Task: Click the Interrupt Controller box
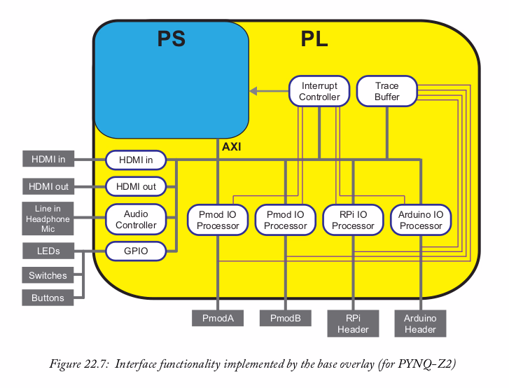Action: coord(319,91)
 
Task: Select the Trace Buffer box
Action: coord(386,91)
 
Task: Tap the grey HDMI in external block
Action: coord(48,160)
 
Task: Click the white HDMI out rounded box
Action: coord(136,186)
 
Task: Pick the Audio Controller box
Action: coord(136,219)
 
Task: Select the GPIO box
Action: coord(136,250)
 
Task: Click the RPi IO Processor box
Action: coord(353,220)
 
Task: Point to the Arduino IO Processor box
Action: coord(421,220)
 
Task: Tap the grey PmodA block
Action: coord(218,318)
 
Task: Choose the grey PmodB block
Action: coord(285,318)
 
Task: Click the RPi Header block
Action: coord(353,324)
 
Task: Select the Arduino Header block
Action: coord(420,324)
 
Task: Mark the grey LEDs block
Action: coord(48,251)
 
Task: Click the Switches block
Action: coord(48,275)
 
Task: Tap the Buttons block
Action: coord(48,298)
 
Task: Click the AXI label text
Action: coord(232,147)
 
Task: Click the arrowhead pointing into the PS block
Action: coord(253,91)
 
